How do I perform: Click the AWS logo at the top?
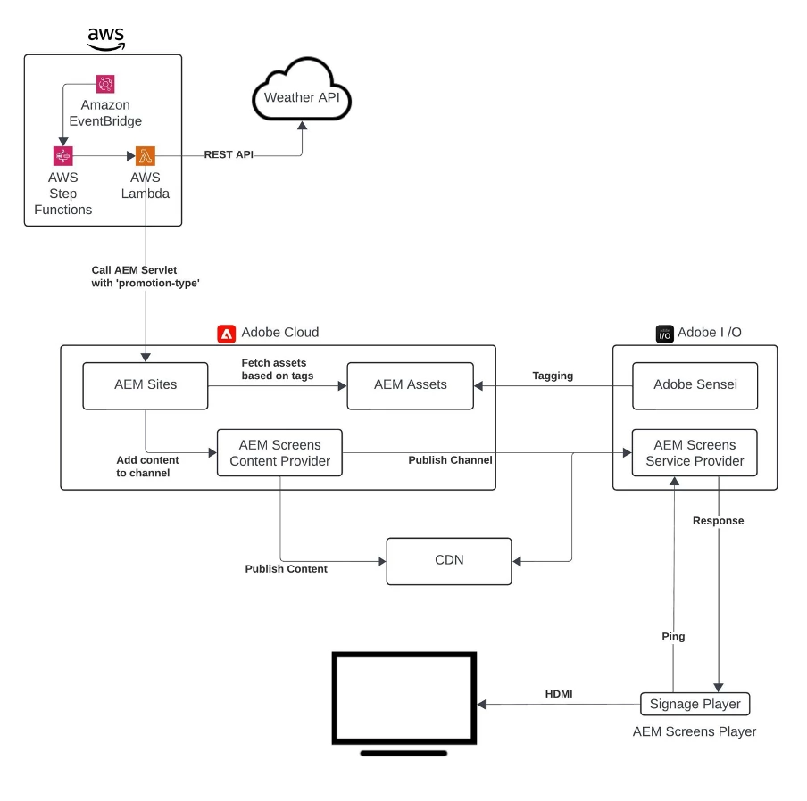point(106,37)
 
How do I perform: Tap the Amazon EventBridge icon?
point(105,84)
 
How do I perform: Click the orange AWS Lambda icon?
point(145,156)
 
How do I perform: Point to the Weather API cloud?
point(302,97)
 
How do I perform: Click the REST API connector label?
point(229,154)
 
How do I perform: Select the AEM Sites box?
point(145,385)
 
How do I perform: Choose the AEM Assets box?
point(410,385)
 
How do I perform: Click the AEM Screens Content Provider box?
point(279,452)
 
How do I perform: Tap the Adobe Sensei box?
point(695,385)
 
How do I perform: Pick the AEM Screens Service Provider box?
point(695,452)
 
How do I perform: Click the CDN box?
point(449,561)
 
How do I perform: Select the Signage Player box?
point(695,704)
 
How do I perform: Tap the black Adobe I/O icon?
point(665,334)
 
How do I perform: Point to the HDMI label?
point(560,693)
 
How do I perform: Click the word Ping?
point(674,637)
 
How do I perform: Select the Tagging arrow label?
point(553,376)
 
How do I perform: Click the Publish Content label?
point(287,568)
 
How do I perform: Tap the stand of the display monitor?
point(403,753)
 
